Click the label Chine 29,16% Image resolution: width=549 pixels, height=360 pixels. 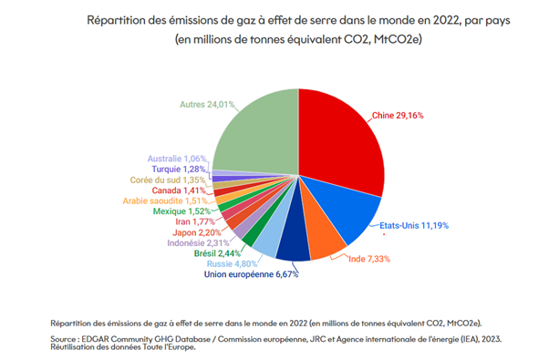pos(397,117)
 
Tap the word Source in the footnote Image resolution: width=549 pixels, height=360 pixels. pos(69,337)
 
